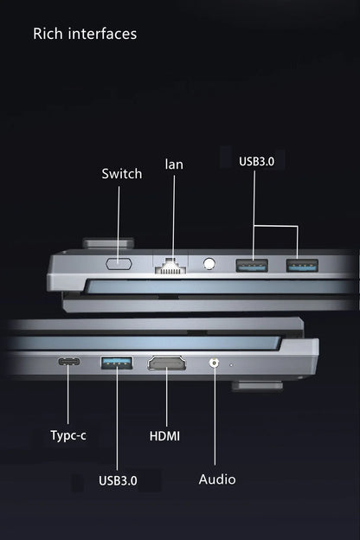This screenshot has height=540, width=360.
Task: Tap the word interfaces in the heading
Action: pyautogui.click(x=102, y=34)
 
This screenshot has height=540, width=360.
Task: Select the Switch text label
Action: pyautogui.click(x=122, y=174)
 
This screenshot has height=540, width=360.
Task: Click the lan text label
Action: pyautogui.click(x=174, y=164)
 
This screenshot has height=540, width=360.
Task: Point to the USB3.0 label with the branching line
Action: pyautogui.click(x=257, y=161)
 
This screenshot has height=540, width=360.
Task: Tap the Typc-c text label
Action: pyautogui.click(x=68, y=435)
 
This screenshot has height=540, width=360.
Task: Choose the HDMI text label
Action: pyautogui.click(x=164, y=436)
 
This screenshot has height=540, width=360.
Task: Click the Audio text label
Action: pyautogui.click(x=217, y=479)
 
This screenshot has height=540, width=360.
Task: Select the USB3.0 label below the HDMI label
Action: pyautogui.click(x=118, y=480)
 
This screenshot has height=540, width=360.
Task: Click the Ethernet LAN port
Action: pyautogui.click(x=170, y=266)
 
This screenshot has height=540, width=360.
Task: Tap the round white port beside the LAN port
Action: pyautogui.click(x=209, y=264)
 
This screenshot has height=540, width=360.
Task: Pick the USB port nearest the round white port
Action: pyautogui.click(x=252, y=266)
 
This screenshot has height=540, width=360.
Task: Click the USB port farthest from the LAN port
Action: pyautogui.click(x=302, y=266)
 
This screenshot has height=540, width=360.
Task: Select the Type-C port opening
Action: pyautogui.click(x=69, y=362)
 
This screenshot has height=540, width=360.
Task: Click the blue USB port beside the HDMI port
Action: pyautogui.click(x=117, y=363)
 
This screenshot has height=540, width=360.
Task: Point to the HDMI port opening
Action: pyautogui.click(x=167, y=363)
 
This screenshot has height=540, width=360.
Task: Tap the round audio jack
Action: pyautogui.click(x=215, y=363)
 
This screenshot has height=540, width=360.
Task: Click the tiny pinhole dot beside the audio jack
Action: pyautogui.click(x=231, y=364)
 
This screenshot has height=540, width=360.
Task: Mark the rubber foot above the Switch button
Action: pyautogui.click(x=108, y=243)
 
